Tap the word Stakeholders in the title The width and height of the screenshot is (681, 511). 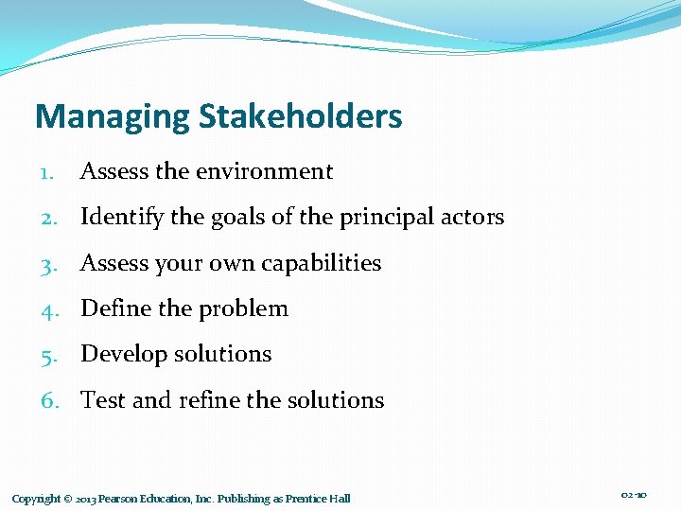tap(300, 117)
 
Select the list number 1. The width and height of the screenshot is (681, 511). tap(48, 172)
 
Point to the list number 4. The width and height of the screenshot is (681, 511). tap(50, 308)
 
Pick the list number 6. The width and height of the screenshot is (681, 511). tap(50, 400)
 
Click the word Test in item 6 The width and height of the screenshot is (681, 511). tap(103, 400)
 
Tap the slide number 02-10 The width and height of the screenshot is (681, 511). tap(634, 495)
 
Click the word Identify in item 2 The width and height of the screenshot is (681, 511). tap(117, 218)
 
